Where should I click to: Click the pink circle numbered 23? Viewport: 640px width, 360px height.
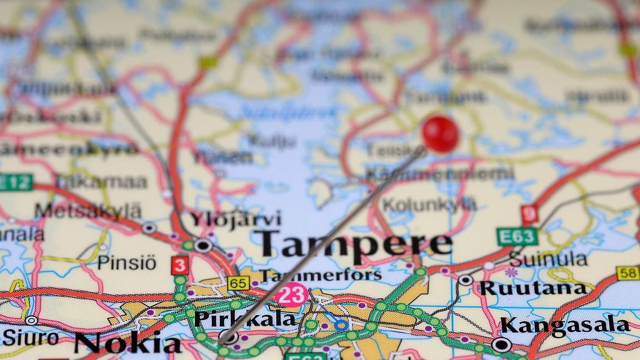point(291,294)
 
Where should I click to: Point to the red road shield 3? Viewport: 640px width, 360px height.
point(180,265)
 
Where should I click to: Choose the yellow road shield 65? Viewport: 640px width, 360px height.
point(238,283)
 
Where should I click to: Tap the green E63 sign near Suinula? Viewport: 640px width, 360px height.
point(517,236)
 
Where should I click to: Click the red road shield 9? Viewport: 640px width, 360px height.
point(529,215)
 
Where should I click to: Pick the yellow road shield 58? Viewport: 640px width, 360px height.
point(627,273)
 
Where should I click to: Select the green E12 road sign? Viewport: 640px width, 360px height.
point(15,182)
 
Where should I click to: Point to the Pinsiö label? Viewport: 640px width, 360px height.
point(126,262)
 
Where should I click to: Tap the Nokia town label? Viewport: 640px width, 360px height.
point(128,343)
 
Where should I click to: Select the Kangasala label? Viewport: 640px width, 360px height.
point(565,325)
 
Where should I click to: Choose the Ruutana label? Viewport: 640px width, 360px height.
point(532,288)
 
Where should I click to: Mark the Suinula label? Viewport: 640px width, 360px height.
point(548,259)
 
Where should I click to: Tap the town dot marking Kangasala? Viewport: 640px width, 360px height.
point(501,344)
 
